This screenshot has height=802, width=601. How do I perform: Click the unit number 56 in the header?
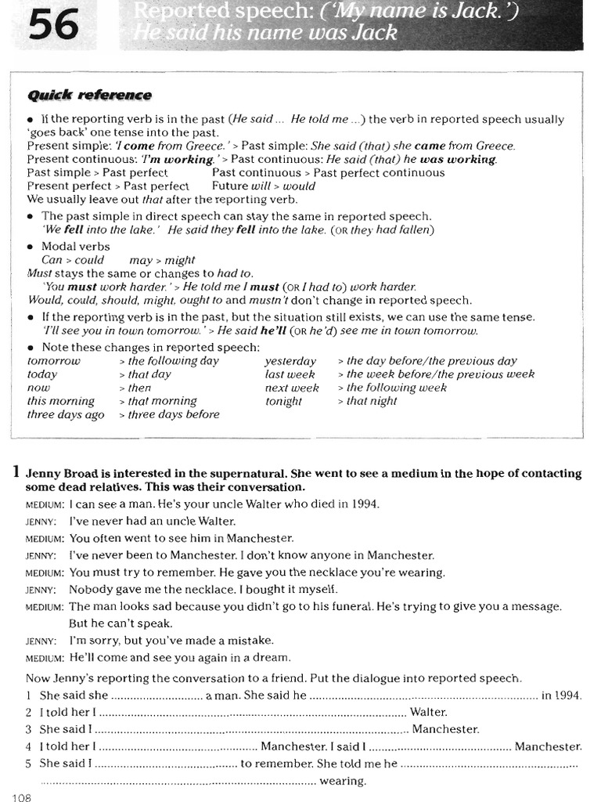55,29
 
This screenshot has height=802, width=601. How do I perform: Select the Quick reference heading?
89,96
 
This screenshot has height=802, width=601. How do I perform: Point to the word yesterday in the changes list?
290,361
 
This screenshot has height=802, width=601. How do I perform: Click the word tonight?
283,401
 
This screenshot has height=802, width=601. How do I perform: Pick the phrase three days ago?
65,414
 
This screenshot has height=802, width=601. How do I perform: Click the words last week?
290,374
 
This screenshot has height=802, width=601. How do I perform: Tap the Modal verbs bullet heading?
76,246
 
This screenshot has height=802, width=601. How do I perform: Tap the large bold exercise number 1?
16,473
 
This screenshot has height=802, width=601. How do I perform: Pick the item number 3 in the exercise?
28,729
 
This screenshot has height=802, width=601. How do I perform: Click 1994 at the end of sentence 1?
562,695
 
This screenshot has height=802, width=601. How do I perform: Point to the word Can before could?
52,260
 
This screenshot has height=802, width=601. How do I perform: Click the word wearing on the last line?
343,781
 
